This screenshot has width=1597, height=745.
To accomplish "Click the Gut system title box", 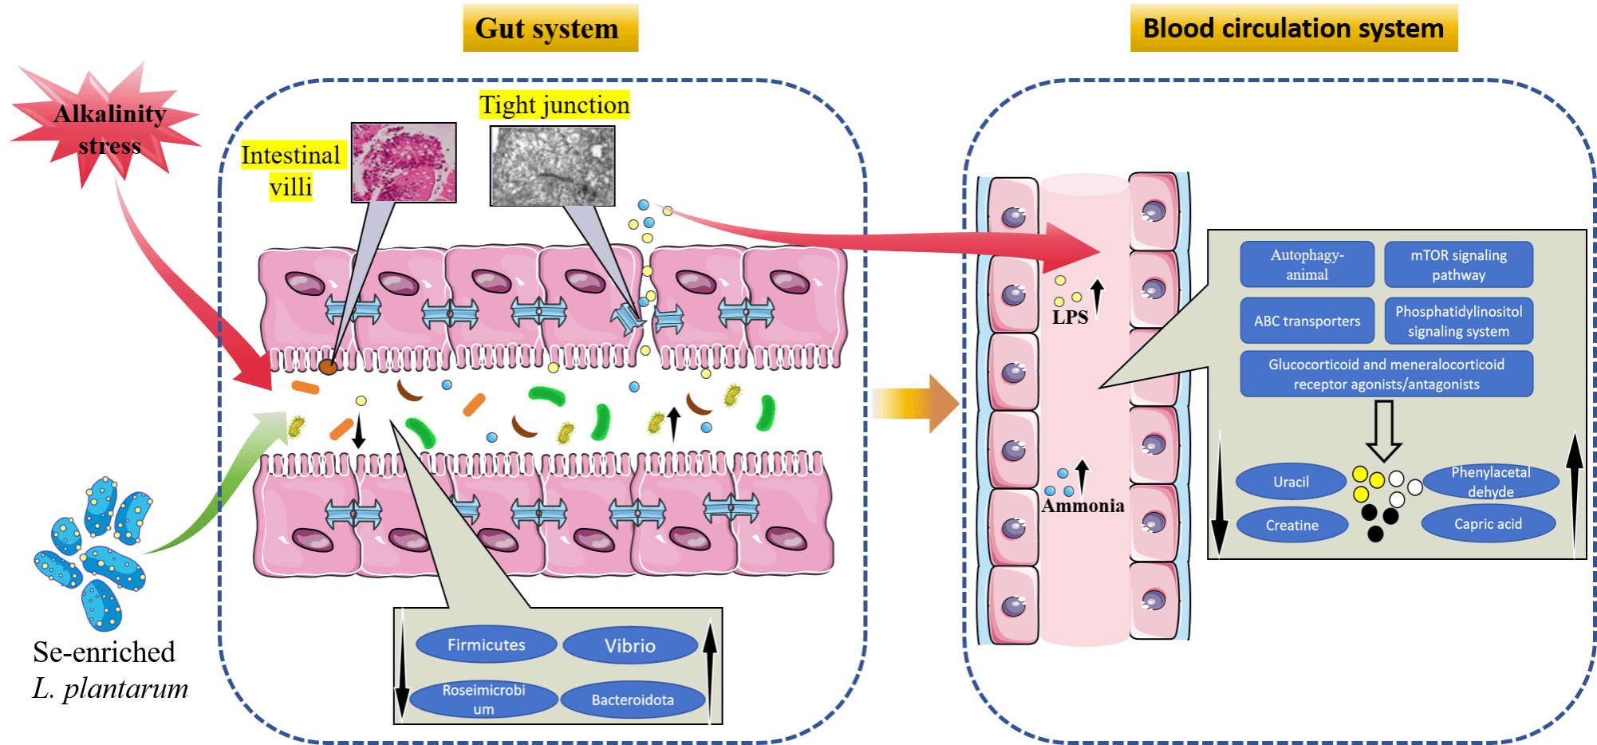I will point(550,28).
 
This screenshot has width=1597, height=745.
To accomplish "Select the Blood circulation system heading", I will point(1294,28).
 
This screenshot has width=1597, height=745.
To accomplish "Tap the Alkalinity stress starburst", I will point(108,128).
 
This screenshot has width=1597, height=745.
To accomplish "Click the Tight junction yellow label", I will point(554,104).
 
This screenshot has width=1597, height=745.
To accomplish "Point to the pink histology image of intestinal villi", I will point(404,162).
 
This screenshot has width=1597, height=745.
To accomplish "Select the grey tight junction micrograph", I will point(552,166).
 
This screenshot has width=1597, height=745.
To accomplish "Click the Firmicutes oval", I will point(486,644).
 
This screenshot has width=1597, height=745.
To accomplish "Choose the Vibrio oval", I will point(630,645).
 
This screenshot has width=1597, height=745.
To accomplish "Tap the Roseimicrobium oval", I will point(483,700).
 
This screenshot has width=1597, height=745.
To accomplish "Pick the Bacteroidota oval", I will point(633,700).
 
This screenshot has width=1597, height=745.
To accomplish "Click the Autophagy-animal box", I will point(1307,264).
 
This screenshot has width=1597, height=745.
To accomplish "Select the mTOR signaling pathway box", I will point(1458,264).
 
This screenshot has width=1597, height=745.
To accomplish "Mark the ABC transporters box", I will point(1307,321).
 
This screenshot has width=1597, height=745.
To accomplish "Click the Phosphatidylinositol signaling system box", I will point(1458,321).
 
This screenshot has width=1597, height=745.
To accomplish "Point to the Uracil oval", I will point(1291,482).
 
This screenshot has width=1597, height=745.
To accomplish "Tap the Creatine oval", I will point(1291,525).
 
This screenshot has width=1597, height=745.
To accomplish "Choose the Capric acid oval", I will point(1488,524).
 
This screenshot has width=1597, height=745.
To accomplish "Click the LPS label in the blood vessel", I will point(1070,317).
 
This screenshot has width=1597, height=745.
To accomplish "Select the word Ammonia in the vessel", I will point(1082,506).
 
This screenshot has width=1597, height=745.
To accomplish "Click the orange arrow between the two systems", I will point(914,403).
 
